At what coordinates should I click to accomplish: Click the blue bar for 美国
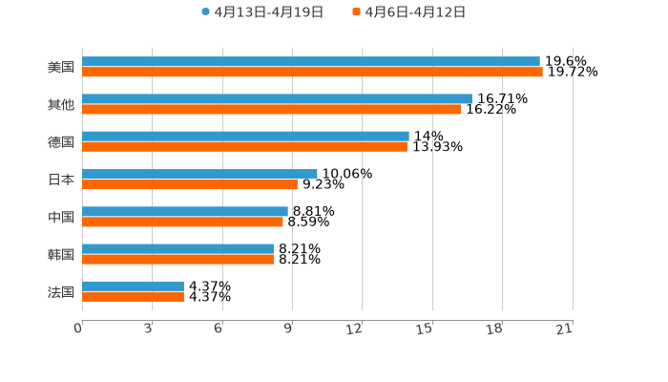coord(310,61)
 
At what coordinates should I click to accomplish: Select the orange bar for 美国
coord(312,72)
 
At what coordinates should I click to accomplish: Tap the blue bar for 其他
coord(277,98)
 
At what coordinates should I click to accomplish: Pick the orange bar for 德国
coord(244,146)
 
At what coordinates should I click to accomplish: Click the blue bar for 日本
coord(199,174)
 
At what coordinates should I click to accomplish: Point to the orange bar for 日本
coord(190,184)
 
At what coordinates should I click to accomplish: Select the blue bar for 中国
coord(185,211)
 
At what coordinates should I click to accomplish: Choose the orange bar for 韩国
coord(177,259)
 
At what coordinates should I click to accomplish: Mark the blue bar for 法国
coord(133,286)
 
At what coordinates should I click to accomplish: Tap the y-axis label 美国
coord(61,67)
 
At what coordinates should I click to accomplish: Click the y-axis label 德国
coord(61,141)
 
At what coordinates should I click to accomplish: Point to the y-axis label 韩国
coord(61,254)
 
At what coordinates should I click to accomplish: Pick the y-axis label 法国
coord(61,291)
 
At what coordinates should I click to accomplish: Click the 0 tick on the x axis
coord(78,329)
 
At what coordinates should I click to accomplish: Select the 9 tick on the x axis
coord(288,329)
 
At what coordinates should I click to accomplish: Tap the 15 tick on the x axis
coord(425,329)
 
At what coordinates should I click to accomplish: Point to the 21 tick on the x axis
coord(564,329)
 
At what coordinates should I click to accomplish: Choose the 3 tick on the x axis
coord(148,329)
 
